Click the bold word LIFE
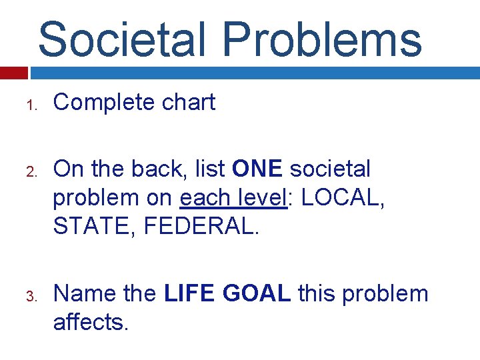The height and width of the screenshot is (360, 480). tap(191, 293)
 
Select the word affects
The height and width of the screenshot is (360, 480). tap(89, 322)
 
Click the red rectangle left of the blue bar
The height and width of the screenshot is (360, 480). tap(13, 73)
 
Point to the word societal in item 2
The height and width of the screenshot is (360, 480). tap(337, 169)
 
